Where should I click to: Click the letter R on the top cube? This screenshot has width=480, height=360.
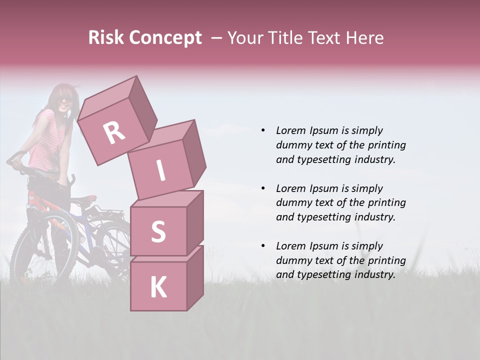(x=114, y=132)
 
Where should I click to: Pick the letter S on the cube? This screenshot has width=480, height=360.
(x=158, y=232)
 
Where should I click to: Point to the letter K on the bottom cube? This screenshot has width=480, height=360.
(x=158, y=287)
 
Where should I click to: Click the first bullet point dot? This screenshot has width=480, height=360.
(x=263, y=131)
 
